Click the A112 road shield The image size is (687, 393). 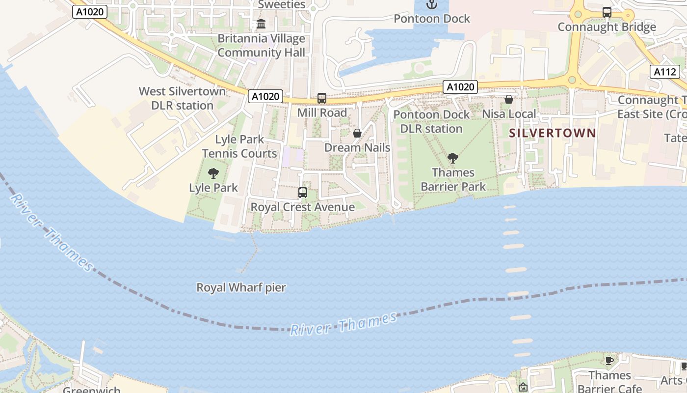tap(665, 72)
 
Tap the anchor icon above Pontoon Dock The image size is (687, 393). tap(432, 5)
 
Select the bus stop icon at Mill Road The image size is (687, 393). tap(322, 98)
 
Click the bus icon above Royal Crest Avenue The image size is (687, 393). tap(303, 193)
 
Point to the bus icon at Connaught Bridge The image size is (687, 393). tap(607, 12)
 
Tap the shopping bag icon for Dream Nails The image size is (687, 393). tap(357, 133)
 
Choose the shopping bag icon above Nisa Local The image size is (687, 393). tap(509, 100)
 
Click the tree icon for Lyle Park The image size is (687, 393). tap(213, 173)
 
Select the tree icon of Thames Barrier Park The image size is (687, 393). tap(453, 158)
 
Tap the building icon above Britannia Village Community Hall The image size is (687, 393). tap(261, 24)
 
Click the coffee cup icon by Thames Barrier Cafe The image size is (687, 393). tap(609, 361)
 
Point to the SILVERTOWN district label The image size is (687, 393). tap(553, 133)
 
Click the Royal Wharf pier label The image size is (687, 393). tap(241, 287)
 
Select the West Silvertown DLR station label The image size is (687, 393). tap(182, 98)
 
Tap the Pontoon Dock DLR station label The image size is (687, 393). tap(431, 121)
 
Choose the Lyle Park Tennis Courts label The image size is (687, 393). tap(239, 146)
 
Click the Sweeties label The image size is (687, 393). tap(281, 5)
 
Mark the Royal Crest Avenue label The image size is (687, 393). tap(303, 207)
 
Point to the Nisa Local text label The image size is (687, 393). tap(509, 114)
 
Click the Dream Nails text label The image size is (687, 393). tap(357, 148)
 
